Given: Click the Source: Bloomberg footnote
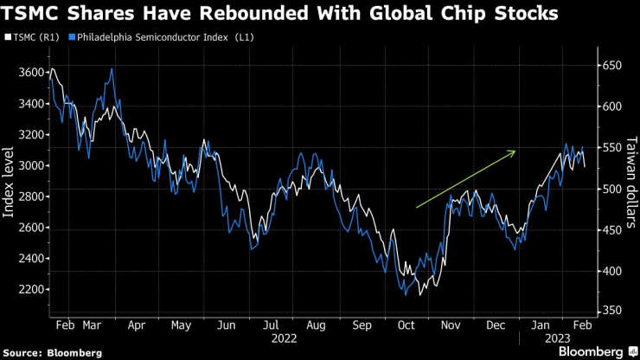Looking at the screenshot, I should pos(53,352).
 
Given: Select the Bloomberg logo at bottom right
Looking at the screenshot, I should pos(594,351).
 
